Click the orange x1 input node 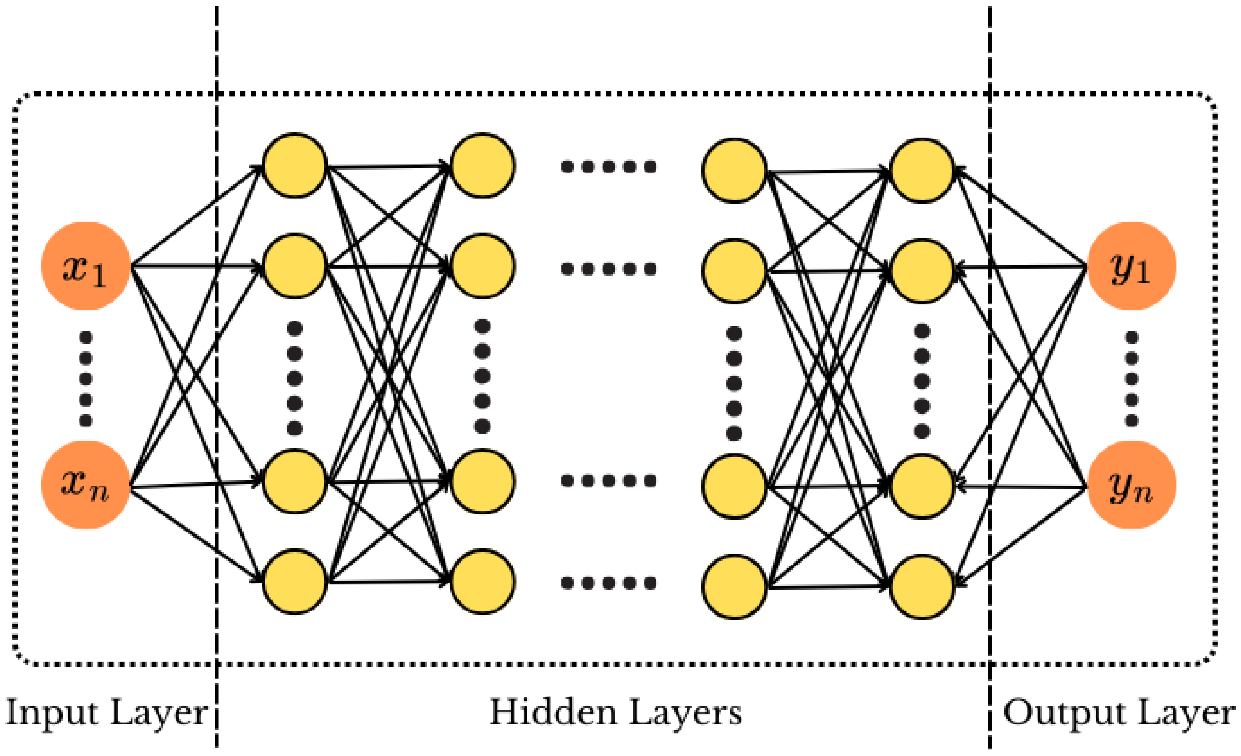pos(86,266)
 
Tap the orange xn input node pos(86,485)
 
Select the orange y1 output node pos(1131,266)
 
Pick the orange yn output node pos(1131,485)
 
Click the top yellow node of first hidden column pos(295,165)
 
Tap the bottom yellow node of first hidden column pos(295,582)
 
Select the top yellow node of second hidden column pos(482,165)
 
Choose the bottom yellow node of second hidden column pos(482,582)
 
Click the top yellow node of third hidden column pos(734,170)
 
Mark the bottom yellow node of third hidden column pos(734,587)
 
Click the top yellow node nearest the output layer pos(922,170)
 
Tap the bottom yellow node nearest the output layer pos(922,587)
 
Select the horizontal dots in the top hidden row pos(609,166)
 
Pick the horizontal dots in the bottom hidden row pos(609,583)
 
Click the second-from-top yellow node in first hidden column pos(295,266)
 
